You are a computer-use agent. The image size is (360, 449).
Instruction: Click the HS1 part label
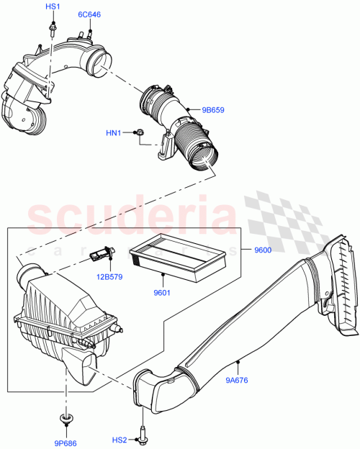(x=53, y=6)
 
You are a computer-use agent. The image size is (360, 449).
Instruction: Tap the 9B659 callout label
(x=213, y=110)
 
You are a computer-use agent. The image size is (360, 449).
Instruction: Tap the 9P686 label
(x=67, y=443)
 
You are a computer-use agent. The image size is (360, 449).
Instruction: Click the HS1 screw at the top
(x=53, y=28)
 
